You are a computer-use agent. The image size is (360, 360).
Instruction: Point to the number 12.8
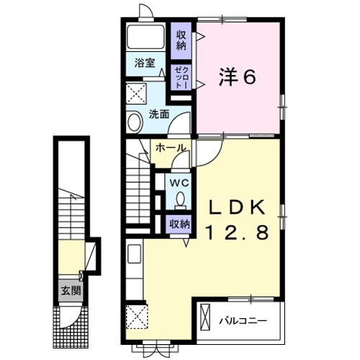coord(233,233)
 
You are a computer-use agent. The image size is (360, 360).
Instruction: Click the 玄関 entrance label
coord(70,291)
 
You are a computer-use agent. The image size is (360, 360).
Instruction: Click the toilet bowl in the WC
coord(179,199)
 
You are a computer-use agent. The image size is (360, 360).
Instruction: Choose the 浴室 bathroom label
coord(145,63)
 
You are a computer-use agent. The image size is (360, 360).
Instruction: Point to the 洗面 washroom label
coord(158,114)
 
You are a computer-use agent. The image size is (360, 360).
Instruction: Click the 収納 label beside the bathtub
coord(180,38)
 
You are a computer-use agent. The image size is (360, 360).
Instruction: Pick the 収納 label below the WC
coord(179,224)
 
